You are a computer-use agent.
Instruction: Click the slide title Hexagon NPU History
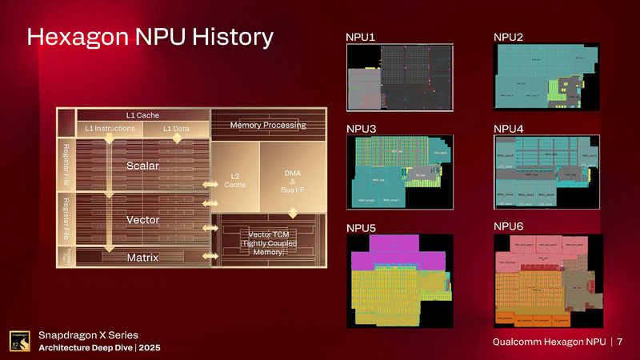(151, 38)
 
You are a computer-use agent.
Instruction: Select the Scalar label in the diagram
(143, 166)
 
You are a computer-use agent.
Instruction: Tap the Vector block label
(143, 218)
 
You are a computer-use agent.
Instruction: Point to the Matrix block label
(143, 258)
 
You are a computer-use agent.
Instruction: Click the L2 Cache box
(234, 181)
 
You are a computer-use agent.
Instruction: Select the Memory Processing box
(268, 126)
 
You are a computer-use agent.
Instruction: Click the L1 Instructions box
(110, 129)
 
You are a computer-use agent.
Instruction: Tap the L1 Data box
(176, 129)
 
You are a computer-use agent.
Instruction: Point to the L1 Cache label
(143, 115)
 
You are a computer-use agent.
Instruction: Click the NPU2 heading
(508, 37)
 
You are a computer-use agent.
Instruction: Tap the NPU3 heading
(361, 128)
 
